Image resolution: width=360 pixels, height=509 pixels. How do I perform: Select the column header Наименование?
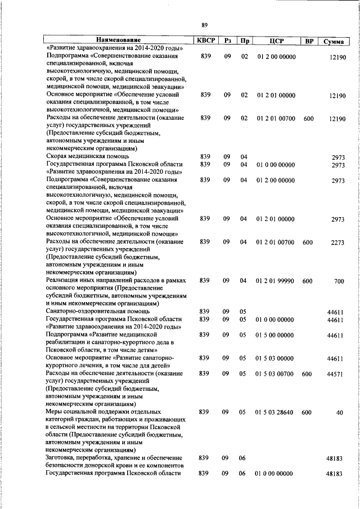(118, 40)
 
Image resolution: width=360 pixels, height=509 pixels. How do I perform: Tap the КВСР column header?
(205, 40)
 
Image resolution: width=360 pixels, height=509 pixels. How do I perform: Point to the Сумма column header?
(334, 42)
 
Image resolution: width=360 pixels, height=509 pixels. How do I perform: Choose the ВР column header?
(308, 41)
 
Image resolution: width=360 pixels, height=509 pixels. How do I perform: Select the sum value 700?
(339, 281)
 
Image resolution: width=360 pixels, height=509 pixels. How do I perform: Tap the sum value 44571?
(336, 374)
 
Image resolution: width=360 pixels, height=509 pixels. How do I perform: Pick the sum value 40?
(340, 413)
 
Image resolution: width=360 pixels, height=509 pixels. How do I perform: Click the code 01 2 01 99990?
(275, 280)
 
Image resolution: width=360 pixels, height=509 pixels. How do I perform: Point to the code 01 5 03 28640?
(275, 412)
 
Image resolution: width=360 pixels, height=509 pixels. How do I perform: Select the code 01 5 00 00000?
(275, 335)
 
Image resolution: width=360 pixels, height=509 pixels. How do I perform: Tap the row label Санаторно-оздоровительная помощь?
(98, 311)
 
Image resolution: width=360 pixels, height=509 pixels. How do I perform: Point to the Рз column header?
(227, 41)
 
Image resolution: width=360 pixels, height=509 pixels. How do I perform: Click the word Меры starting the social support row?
(55, 412)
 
